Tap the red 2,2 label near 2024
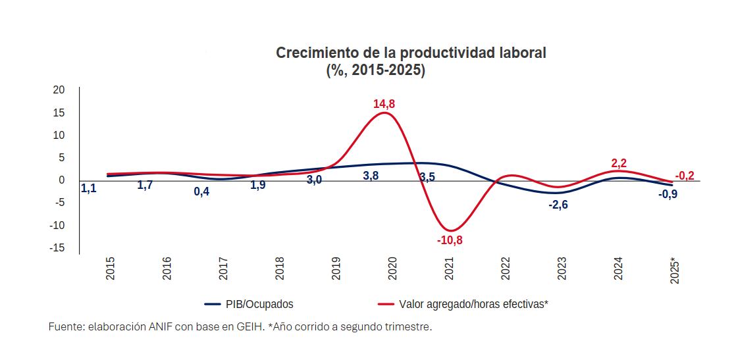tap(619, 163)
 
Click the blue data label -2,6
tap(558, 205)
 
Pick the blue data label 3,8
tap(371, 176)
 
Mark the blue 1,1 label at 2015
tap(88, 188)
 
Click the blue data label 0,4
tap(201, 192)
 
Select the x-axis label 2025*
tap(675, 270)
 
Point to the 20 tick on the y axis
tap(59, 90)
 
